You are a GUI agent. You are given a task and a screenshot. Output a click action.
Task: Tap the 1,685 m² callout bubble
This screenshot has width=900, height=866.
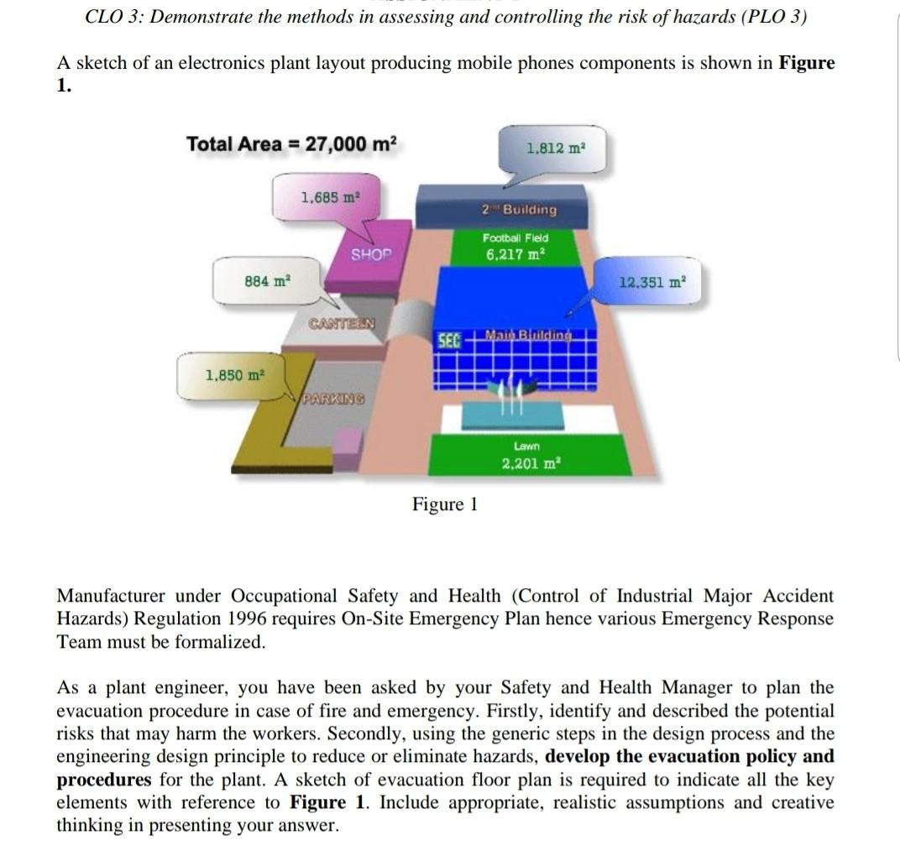(329, 198)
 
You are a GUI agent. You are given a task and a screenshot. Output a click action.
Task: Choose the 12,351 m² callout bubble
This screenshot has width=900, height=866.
(652, 283)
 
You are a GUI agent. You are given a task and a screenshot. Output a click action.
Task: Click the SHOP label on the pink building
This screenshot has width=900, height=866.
(370, 254)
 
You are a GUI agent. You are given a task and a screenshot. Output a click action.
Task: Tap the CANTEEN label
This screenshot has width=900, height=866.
(341, 324)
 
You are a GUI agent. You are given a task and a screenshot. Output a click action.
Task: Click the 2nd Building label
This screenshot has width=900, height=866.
(518, 209)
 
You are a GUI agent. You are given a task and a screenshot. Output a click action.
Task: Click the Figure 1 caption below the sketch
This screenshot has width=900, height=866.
(444, 503)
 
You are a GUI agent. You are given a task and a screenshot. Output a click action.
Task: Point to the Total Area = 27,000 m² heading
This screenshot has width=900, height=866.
(291, 143)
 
